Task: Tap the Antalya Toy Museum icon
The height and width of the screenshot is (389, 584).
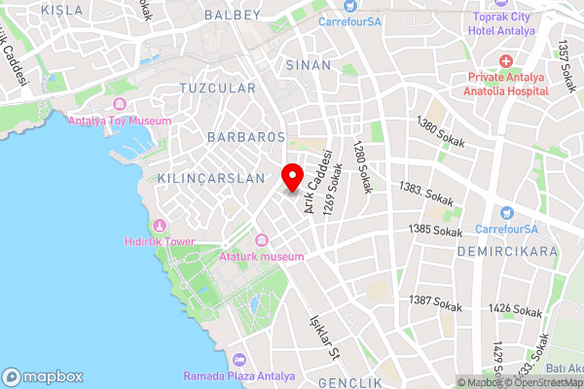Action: (x=120, y=104)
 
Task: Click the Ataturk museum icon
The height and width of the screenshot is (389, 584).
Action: (x=261, y=240)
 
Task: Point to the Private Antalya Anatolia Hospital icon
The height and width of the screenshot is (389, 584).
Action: (x=506, y=61)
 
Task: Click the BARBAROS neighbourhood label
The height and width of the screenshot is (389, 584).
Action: (x=245, y=137)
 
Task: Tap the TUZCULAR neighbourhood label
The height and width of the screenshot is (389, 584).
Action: (x=217, y=88)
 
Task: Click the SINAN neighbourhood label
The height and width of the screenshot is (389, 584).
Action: (x=303, y=63)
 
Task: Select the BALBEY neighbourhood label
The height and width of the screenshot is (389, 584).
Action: (x=234, y=15)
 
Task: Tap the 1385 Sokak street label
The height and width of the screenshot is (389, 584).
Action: (x=435, y=230)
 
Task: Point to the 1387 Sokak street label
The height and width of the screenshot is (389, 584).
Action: (x=434, y=301)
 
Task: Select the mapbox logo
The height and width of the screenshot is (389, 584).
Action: (x=43, y=376)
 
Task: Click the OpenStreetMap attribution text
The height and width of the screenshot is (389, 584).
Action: (x=544, y=382)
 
